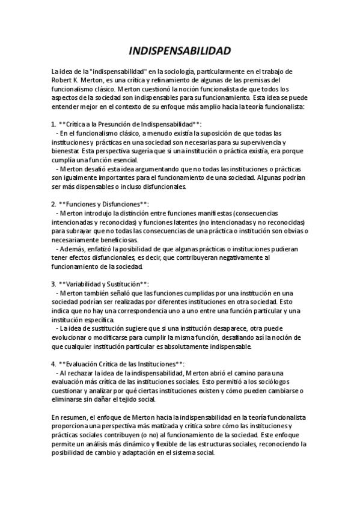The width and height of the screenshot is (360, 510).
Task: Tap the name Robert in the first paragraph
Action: [x=62, y=80]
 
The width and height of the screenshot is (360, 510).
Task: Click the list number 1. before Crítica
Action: [x=53, y=123]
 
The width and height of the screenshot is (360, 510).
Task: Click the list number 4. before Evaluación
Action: [x=53, y=364]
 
